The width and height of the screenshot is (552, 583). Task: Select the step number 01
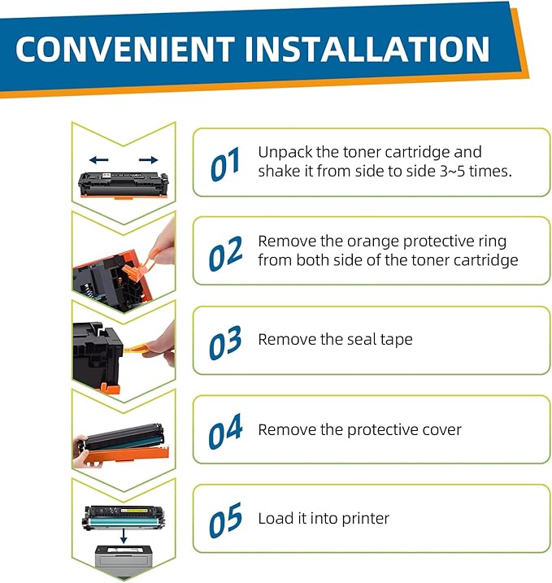[225, 165]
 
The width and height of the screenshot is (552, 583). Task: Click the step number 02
[225, 254]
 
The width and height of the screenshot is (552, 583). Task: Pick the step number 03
[225, 342]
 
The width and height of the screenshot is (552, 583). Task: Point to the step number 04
[225, 432]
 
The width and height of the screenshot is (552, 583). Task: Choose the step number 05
[225, 520]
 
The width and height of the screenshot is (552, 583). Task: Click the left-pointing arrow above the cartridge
[99, 160]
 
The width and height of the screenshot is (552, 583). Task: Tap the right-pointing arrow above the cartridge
[148, 160]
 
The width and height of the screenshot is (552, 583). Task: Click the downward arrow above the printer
[123, 535]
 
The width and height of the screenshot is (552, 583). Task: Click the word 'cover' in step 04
[438, 429]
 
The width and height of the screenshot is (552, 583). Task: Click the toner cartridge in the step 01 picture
[124, 185]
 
